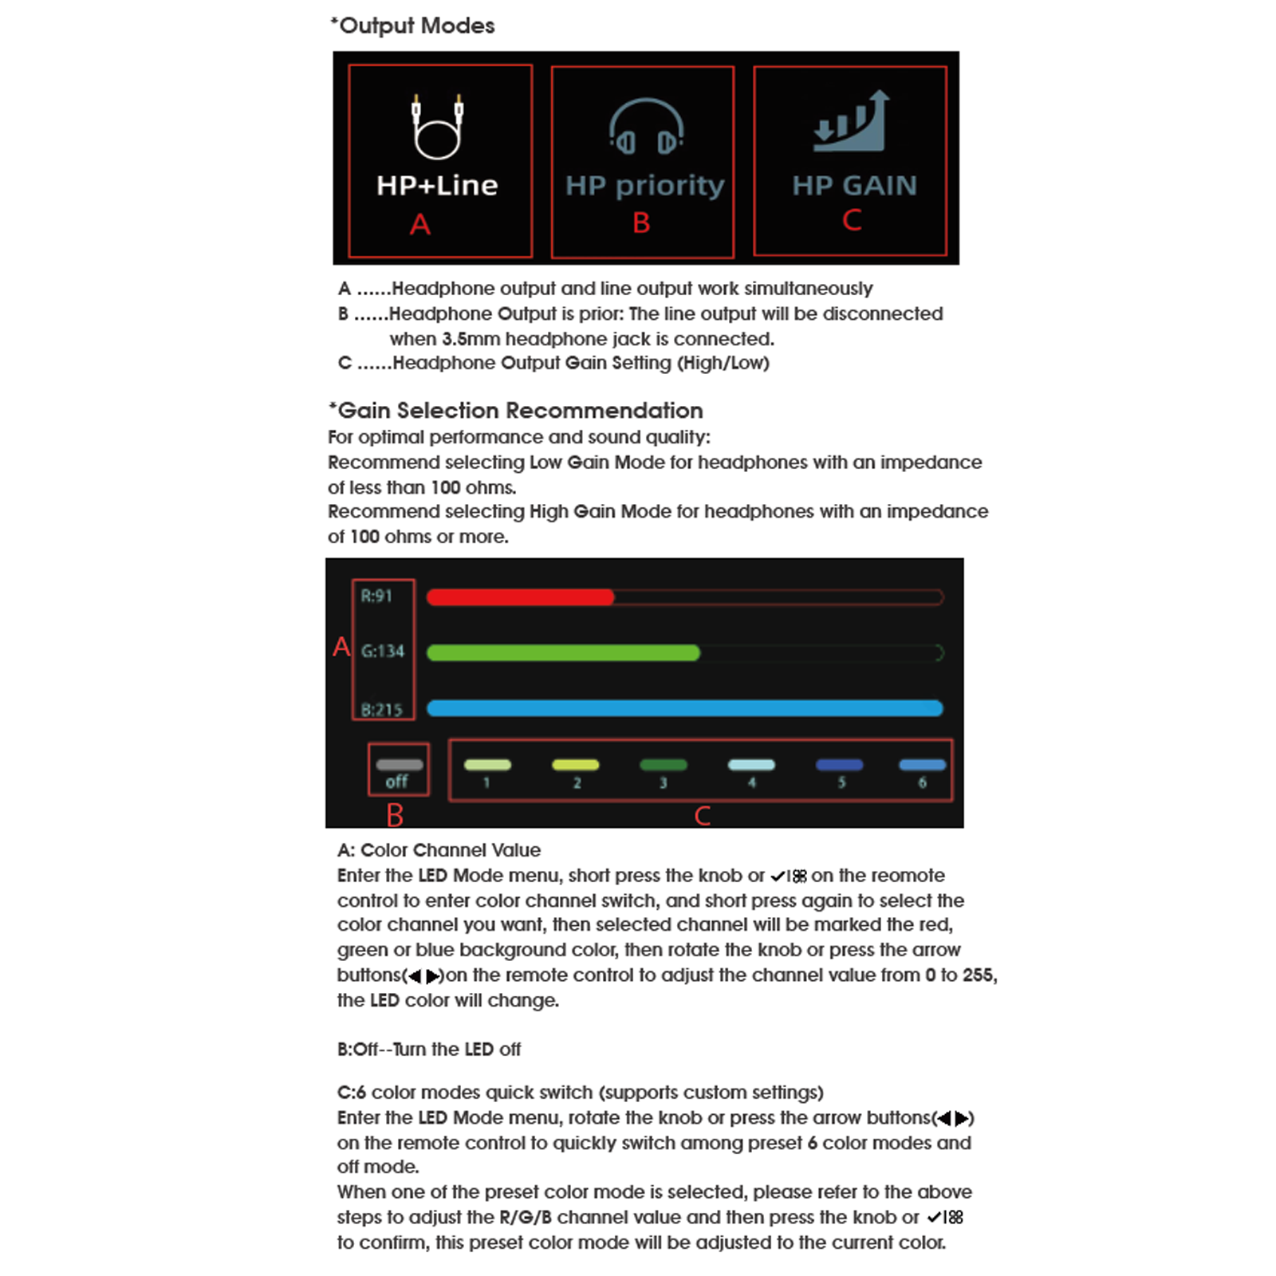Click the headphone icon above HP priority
pyautogui.click(x=646, y=126)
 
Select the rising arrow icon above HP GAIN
pyautogui.click(x=851, y=121)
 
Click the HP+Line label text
pyautogui.click(x=437, y=185)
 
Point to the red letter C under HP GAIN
pyautogui.click(x=852, y=220)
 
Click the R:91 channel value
pyautogui.click(x=376, y=596)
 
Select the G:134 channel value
pyautogui.click(x=383, y=651)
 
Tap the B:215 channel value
pyautogui.click(x=382, y=709)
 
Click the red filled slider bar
pyautogui.click(x=520, y=597)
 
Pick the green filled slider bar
pyautogui.click(x=563, y=653)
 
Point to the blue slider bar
pyautogui.click(x=684, y=708)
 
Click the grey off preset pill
pyautogui.click(x=399, y=765)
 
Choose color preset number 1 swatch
pyautogui.click(x=487, y=765)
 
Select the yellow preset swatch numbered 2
pyautogui.click(x=575, y=765)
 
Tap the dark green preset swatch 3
pyautogui.click(x=663, y=765)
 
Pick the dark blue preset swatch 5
pyautogui.click(x=839, y=765)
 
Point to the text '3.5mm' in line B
pyautogui.click(x=471, y=339)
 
